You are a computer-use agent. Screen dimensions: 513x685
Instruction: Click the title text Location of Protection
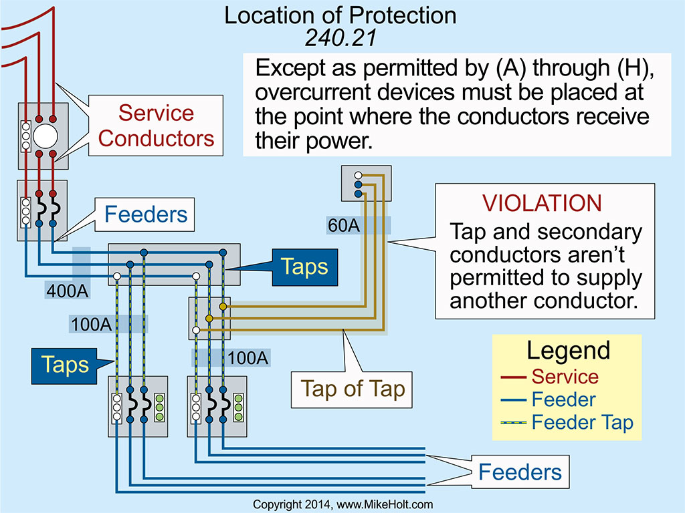click(342, 15)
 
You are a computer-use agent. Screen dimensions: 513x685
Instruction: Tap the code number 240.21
click(341, 37)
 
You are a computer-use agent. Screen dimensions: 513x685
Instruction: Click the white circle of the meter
click(45, 136)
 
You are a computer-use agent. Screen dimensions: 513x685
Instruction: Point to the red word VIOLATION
click(543, 204)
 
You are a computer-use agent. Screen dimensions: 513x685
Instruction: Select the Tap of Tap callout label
click(353, 389)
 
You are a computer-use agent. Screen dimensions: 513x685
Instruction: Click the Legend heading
click(568, 350)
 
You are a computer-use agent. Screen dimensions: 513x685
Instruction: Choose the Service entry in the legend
click(565, 376)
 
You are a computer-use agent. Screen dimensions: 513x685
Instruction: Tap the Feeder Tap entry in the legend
click(582, 422)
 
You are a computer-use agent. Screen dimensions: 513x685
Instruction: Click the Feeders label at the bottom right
click(520, 473)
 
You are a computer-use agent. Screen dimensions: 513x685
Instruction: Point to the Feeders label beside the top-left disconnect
click(146, 215)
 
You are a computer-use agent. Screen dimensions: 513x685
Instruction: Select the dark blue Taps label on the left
click(64, 364)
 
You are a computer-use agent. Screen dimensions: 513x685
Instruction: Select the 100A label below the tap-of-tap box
click(248, 357)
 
